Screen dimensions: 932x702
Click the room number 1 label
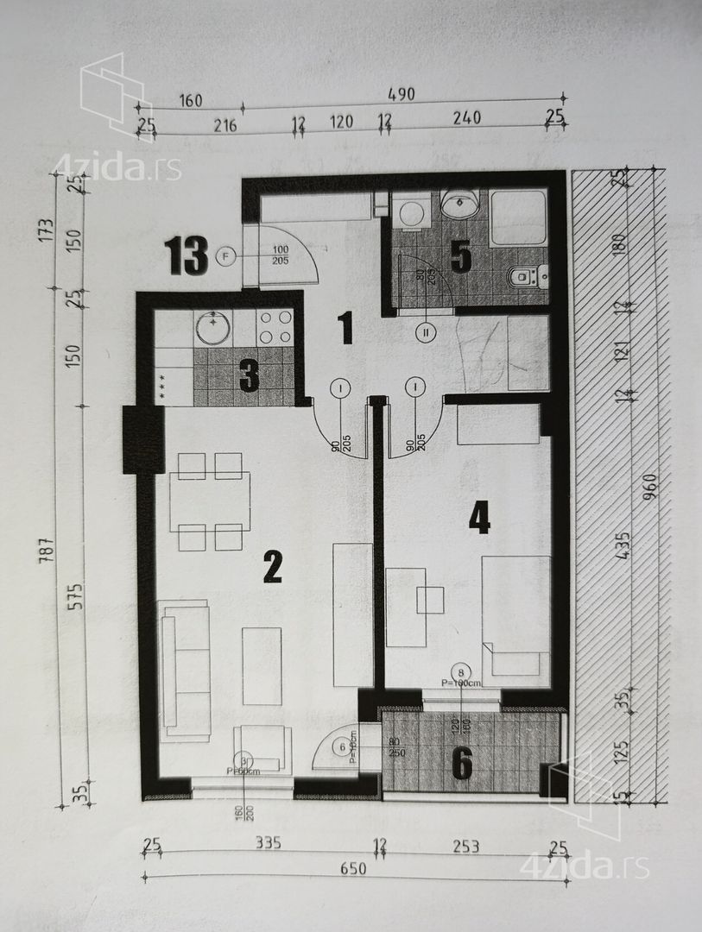pos(345,327)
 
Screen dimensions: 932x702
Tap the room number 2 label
pos(273,567)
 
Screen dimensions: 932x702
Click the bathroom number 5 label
pos(460,257)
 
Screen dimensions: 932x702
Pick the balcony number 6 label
pos(463,762)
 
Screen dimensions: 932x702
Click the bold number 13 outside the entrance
pos(187,256)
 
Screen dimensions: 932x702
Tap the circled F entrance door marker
pos(227,256)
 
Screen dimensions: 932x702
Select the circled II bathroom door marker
pos(427,331)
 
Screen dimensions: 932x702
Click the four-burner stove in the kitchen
pos(275,328)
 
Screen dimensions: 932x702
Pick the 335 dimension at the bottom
pos(268,845)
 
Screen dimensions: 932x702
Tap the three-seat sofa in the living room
pos(185,671)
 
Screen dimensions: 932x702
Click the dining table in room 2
pos(210,501)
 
